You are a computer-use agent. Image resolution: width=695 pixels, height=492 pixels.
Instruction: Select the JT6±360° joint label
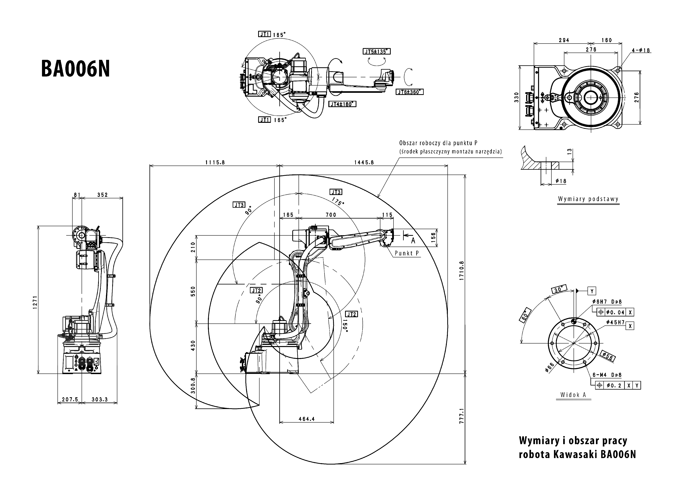[409, 92]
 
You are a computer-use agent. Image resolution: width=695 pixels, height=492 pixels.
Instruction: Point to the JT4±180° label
[342, 104]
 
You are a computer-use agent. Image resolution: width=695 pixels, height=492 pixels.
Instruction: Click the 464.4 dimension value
[307, 419]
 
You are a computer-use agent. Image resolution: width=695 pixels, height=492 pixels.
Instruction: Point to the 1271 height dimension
[35, 302]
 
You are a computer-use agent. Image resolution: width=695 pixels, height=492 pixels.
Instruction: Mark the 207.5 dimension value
[70, 399]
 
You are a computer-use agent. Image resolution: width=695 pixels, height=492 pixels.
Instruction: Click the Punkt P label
[407, 253]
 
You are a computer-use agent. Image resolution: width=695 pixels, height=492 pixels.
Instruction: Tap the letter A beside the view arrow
[413, 241]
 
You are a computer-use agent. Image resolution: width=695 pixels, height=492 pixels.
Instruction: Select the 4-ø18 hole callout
[641, 50]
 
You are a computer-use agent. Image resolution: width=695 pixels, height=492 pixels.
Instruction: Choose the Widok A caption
[573, 395]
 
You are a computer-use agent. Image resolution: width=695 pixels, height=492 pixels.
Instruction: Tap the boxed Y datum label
[592, 291]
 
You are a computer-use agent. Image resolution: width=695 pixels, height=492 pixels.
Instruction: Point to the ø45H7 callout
[615, 322]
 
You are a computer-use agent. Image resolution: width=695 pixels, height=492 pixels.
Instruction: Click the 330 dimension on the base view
[516, 97]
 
